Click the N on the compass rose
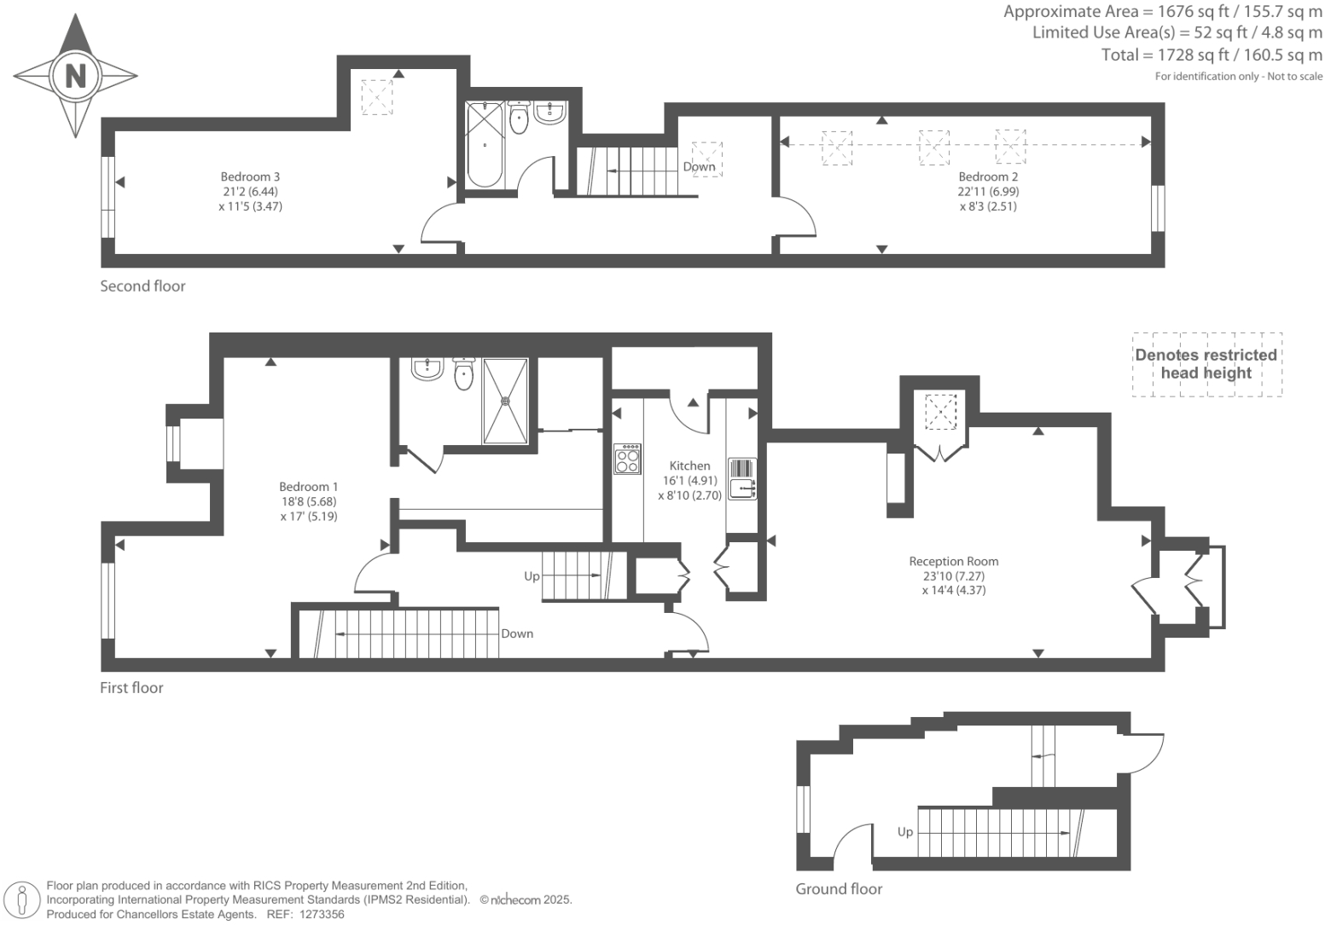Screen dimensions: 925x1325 point(76,76)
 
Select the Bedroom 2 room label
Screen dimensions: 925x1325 point(988,177)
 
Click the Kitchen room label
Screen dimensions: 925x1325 point(689,466)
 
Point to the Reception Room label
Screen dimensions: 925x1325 point(953,562)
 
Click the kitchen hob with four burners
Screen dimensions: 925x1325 point(627,459)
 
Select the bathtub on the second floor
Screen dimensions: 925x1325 point(485,145)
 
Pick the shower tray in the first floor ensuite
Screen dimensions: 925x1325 point(505,401)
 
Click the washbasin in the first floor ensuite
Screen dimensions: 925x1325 point(426,367)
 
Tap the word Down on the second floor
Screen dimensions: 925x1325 point(699,167)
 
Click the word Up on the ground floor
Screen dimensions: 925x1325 point(904,832)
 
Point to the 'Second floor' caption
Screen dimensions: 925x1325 point(142,286)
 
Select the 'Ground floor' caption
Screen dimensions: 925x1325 point(839,889)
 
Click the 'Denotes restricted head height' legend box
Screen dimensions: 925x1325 point(1206,364)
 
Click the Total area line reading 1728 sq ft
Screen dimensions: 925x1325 point(1212,55)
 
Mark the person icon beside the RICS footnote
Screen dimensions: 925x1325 point(23,900)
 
